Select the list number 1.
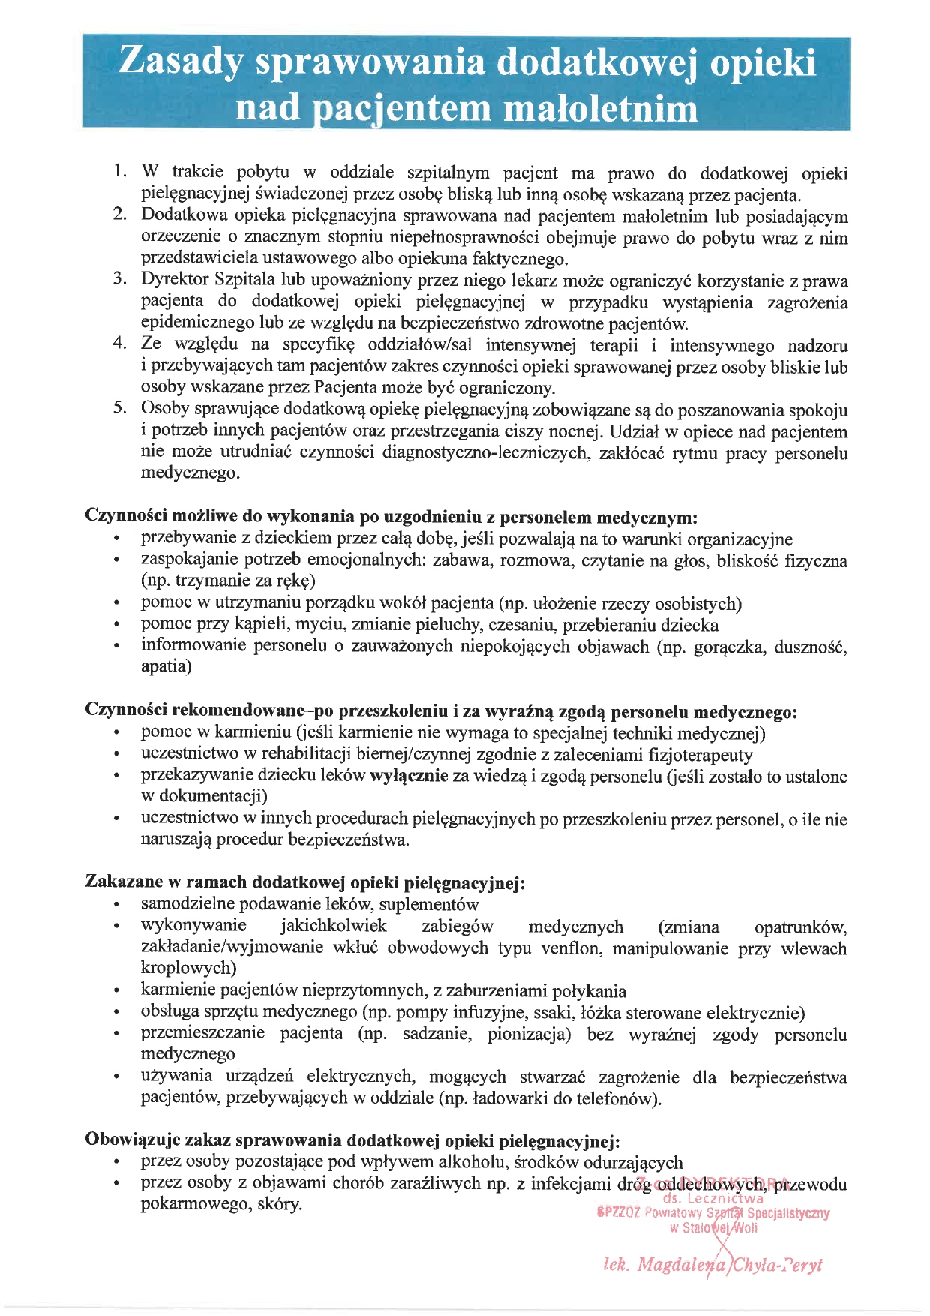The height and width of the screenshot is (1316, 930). coord(119,173)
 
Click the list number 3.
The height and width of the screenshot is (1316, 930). coord(119,279)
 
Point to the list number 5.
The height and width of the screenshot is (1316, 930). coord(119,409)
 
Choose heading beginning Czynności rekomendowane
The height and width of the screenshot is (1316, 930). coord(441,711)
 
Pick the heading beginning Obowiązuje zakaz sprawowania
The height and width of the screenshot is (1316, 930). coord(352,1141)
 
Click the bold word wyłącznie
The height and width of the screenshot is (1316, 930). coord(409,777)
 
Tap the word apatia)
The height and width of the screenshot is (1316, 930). coord(166,666)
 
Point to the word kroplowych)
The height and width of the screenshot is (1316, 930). coord(188,969)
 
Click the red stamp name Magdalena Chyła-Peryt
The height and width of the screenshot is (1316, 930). coord(712,1265)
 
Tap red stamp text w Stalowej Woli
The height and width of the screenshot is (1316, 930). coord(713,1228)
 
